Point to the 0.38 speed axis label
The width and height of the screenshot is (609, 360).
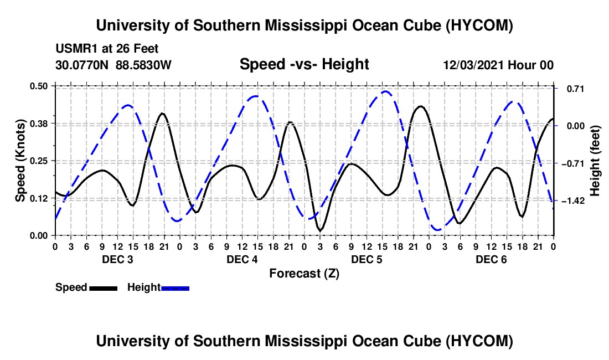coord(38,124)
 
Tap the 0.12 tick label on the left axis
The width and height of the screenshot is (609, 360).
coord(38,198)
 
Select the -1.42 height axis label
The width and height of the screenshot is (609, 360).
coord(576,201)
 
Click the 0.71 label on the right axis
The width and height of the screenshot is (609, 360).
coord(576,89)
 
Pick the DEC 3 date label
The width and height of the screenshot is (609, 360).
coord(117,259)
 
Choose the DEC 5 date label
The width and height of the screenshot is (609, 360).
coord(367,259)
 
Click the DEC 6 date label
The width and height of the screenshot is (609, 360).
coord(491,259)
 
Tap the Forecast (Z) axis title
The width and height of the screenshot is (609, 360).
coord(304,274)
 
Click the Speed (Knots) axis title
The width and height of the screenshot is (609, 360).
coord(20,161)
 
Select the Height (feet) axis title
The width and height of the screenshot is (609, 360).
coord(595,161)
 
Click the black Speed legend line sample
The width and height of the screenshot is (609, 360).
coord(104,288)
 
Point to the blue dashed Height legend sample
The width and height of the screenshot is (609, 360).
coord(175,288)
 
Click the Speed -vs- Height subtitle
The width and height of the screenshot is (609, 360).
coord(304,64)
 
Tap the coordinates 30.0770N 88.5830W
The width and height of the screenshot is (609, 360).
coord(113,65)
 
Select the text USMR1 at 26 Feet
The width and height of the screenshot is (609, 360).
coord(107,49)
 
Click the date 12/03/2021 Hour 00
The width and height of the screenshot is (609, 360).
coord(498,65)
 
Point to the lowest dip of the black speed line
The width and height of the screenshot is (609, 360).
coord(321,231)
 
